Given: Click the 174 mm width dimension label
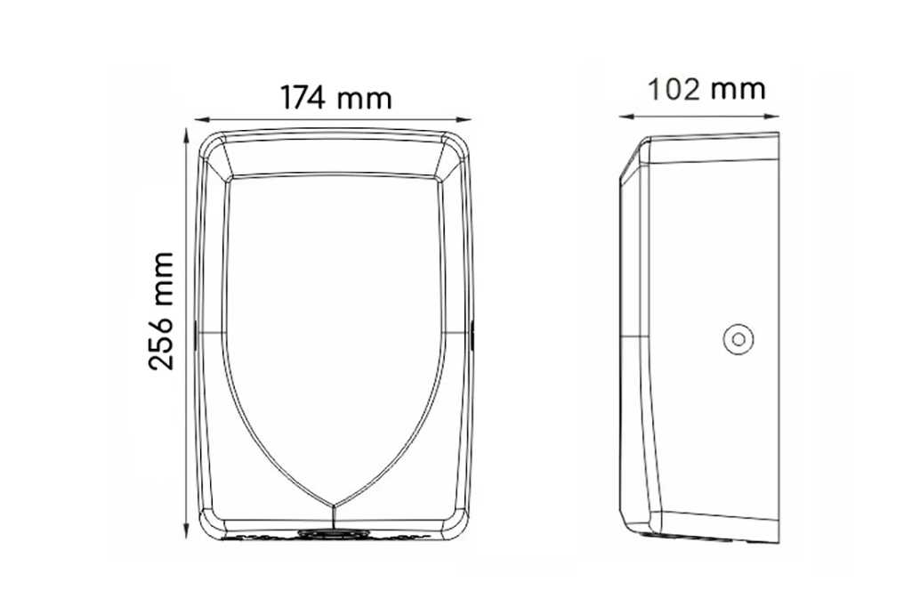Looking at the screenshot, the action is click(335, 97).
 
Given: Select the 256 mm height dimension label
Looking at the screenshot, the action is click(161, 312).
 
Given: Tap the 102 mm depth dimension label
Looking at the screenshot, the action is click(706, 89).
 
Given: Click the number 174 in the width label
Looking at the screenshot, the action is click(303, 97).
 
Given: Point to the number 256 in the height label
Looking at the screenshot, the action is click(161, 343).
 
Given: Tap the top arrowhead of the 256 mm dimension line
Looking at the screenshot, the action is click(187, 137).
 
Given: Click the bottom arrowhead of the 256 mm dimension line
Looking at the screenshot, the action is click(187, 531).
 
